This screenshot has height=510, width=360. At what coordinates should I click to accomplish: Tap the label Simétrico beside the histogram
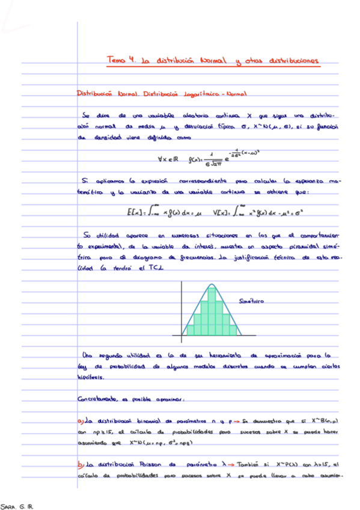click(252, 300)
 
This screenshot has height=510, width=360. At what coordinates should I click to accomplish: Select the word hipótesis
click(90, 379)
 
